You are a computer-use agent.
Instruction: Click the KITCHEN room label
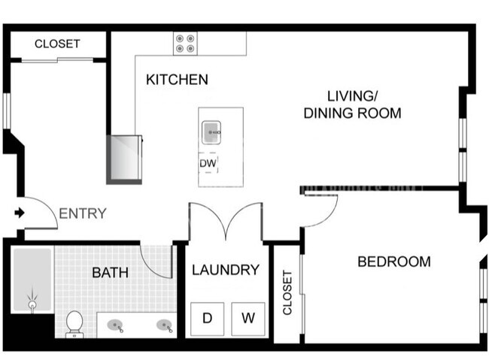click(177, 80)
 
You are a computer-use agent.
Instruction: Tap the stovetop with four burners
click(185, 44)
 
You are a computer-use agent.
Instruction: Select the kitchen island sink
click(211, 132)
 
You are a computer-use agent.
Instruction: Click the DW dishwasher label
click(208, 163)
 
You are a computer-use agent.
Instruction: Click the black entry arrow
click(20, 213)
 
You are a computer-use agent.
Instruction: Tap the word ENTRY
click(83, 213)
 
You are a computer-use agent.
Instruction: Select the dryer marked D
click(208, 319)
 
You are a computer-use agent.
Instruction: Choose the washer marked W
click(248, 319)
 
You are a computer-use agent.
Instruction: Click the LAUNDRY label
click(226, 270)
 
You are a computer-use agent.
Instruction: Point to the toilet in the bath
click(74, 324)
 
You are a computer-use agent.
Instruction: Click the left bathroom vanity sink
click(115, 326)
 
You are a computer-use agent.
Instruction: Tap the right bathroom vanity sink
click(165, 325)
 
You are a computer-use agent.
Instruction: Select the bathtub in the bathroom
click(32, 280)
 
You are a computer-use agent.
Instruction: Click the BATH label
click(110, 273)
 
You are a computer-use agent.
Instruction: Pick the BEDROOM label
click(394, 262)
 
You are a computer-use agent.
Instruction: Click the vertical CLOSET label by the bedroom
click(287, 292)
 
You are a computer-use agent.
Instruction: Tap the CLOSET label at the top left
click(57, 44)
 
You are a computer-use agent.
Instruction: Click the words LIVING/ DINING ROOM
click(352, 104)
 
